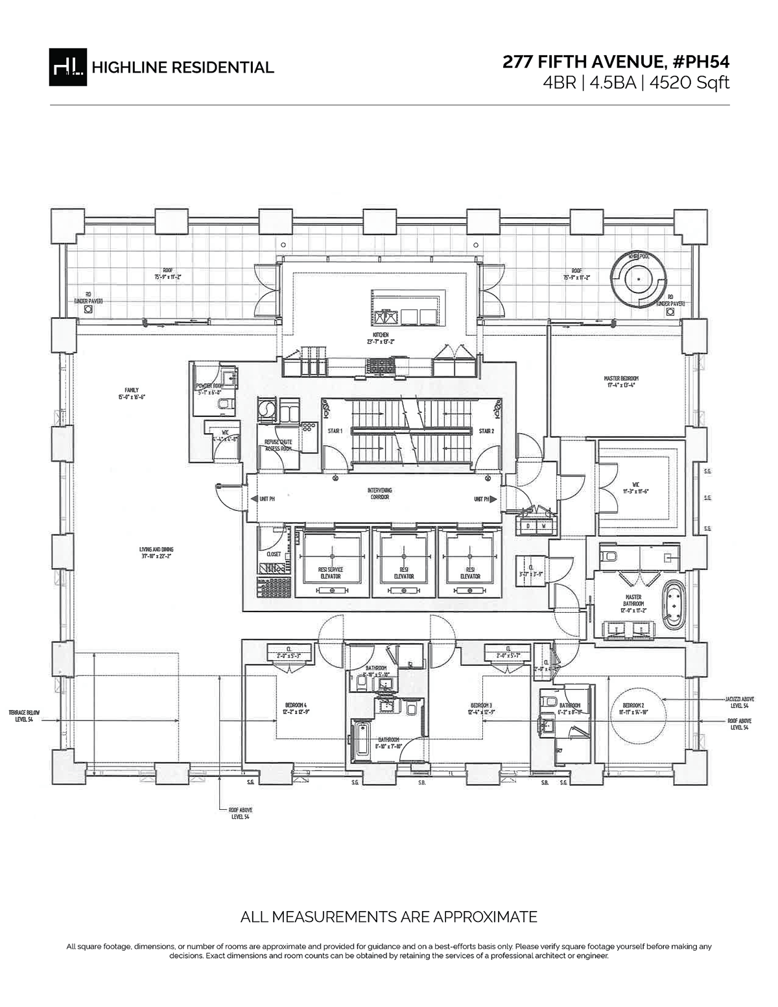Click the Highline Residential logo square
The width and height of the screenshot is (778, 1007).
(x=68, y=67)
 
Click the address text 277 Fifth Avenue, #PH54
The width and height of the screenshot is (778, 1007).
(x=616, y=62)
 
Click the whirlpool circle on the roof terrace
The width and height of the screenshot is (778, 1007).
(x=639, y=278)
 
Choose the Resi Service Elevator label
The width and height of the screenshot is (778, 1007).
(x=331, y=573)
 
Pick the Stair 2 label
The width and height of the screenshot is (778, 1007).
(x=486, y=431)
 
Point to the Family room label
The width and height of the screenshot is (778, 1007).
(x=128, y=393)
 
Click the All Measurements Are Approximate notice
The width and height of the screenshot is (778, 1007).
(x=389, y=917)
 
